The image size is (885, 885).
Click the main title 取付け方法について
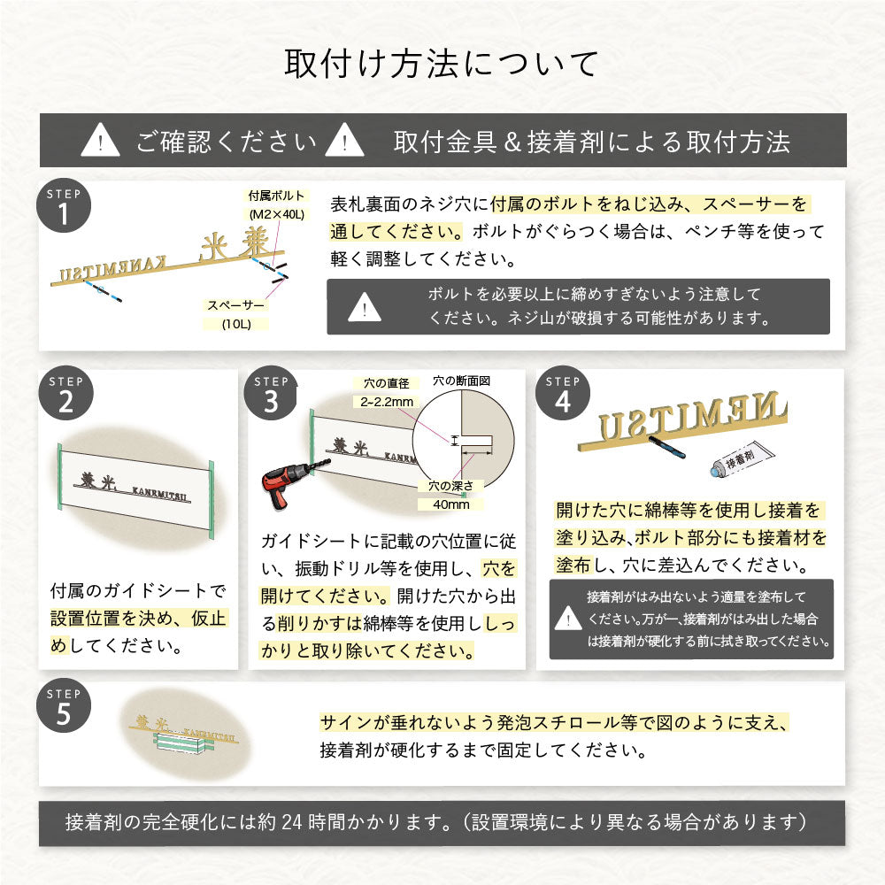coord(442,65)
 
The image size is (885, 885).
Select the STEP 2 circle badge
coord(65,395)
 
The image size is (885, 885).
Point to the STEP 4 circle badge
coord(562,395)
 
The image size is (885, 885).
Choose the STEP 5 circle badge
coord(65,707)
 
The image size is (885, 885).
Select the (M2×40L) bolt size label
coord(276,215)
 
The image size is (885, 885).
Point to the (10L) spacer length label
coord(237,324)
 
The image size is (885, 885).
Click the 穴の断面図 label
coord(461,381)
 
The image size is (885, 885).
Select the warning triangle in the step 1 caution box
coord(365,308)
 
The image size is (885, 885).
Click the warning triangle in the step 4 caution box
coord(568,619)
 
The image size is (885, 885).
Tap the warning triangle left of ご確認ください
coord(100,141)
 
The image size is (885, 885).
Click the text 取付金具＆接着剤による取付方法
coord(592,141)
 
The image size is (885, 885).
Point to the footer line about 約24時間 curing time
coord(442,823)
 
